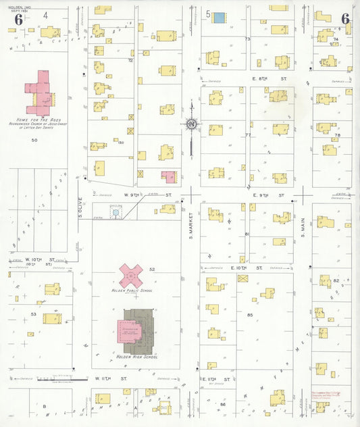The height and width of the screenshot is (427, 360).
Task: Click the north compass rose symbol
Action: click(192, 124)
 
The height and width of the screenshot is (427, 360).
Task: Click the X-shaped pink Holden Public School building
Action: click(131, 275)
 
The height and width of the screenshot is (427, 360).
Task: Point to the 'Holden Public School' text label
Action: click(132, 290)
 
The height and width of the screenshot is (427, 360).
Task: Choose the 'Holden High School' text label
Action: click(136, 356)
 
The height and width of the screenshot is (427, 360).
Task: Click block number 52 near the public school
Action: click(152, 269)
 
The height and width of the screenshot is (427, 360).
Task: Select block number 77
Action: click(248, 134)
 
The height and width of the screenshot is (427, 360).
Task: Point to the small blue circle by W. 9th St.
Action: click(115, 213)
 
